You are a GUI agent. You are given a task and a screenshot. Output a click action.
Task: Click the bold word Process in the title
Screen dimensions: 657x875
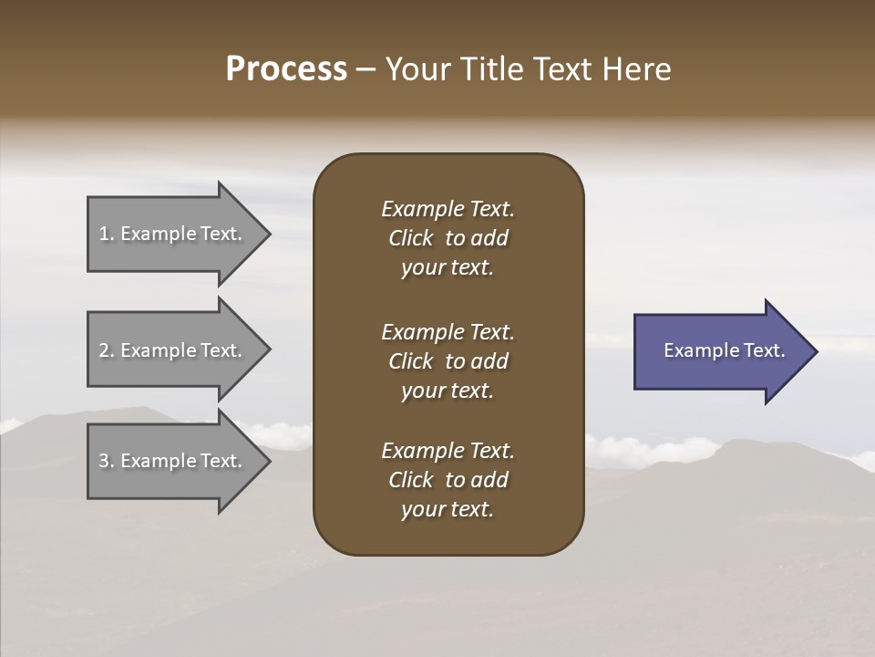click(x=286, y=69)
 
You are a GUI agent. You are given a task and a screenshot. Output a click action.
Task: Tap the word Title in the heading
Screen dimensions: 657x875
click(x=489, y=69)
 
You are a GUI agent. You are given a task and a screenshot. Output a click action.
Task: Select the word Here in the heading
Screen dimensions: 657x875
click(x=637, y=69)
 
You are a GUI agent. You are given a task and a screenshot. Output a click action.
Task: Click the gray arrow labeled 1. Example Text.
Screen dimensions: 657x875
click(x=173, y=234)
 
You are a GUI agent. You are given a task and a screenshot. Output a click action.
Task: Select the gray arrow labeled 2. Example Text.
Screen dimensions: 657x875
click(x=173, y=350)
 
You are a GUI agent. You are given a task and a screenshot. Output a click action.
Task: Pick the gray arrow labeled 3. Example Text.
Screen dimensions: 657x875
click(x=173, y=461)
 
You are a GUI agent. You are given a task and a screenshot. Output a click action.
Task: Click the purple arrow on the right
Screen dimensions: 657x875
click(x=720, y=351)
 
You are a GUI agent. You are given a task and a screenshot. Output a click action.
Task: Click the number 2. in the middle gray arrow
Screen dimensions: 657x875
click(x=107, y=350)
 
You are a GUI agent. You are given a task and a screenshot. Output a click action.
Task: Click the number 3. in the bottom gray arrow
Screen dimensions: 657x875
click(x=107, y=461)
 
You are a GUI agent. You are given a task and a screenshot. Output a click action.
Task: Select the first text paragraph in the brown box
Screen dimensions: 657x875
click(x=448, y=238)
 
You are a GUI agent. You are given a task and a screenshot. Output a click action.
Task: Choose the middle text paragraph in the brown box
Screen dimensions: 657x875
click(x=448, y=361)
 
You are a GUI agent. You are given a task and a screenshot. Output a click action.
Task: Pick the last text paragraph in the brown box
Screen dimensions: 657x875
click(x=448, y=480)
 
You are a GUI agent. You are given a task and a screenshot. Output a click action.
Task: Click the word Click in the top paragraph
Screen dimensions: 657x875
click(x=411, y=238)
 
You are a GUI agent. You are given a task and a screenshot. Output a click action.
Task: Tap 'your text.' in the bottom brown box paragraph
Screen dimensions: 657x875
click(x=448, y=509)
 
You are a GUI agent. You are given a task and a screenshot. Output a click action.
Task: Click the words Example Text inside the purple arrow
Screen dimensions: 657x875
click(x=724, y=350)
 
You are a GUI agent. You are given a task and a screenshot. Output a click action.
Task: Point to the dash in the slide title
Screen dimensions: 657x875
click(x=365, y=69)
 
